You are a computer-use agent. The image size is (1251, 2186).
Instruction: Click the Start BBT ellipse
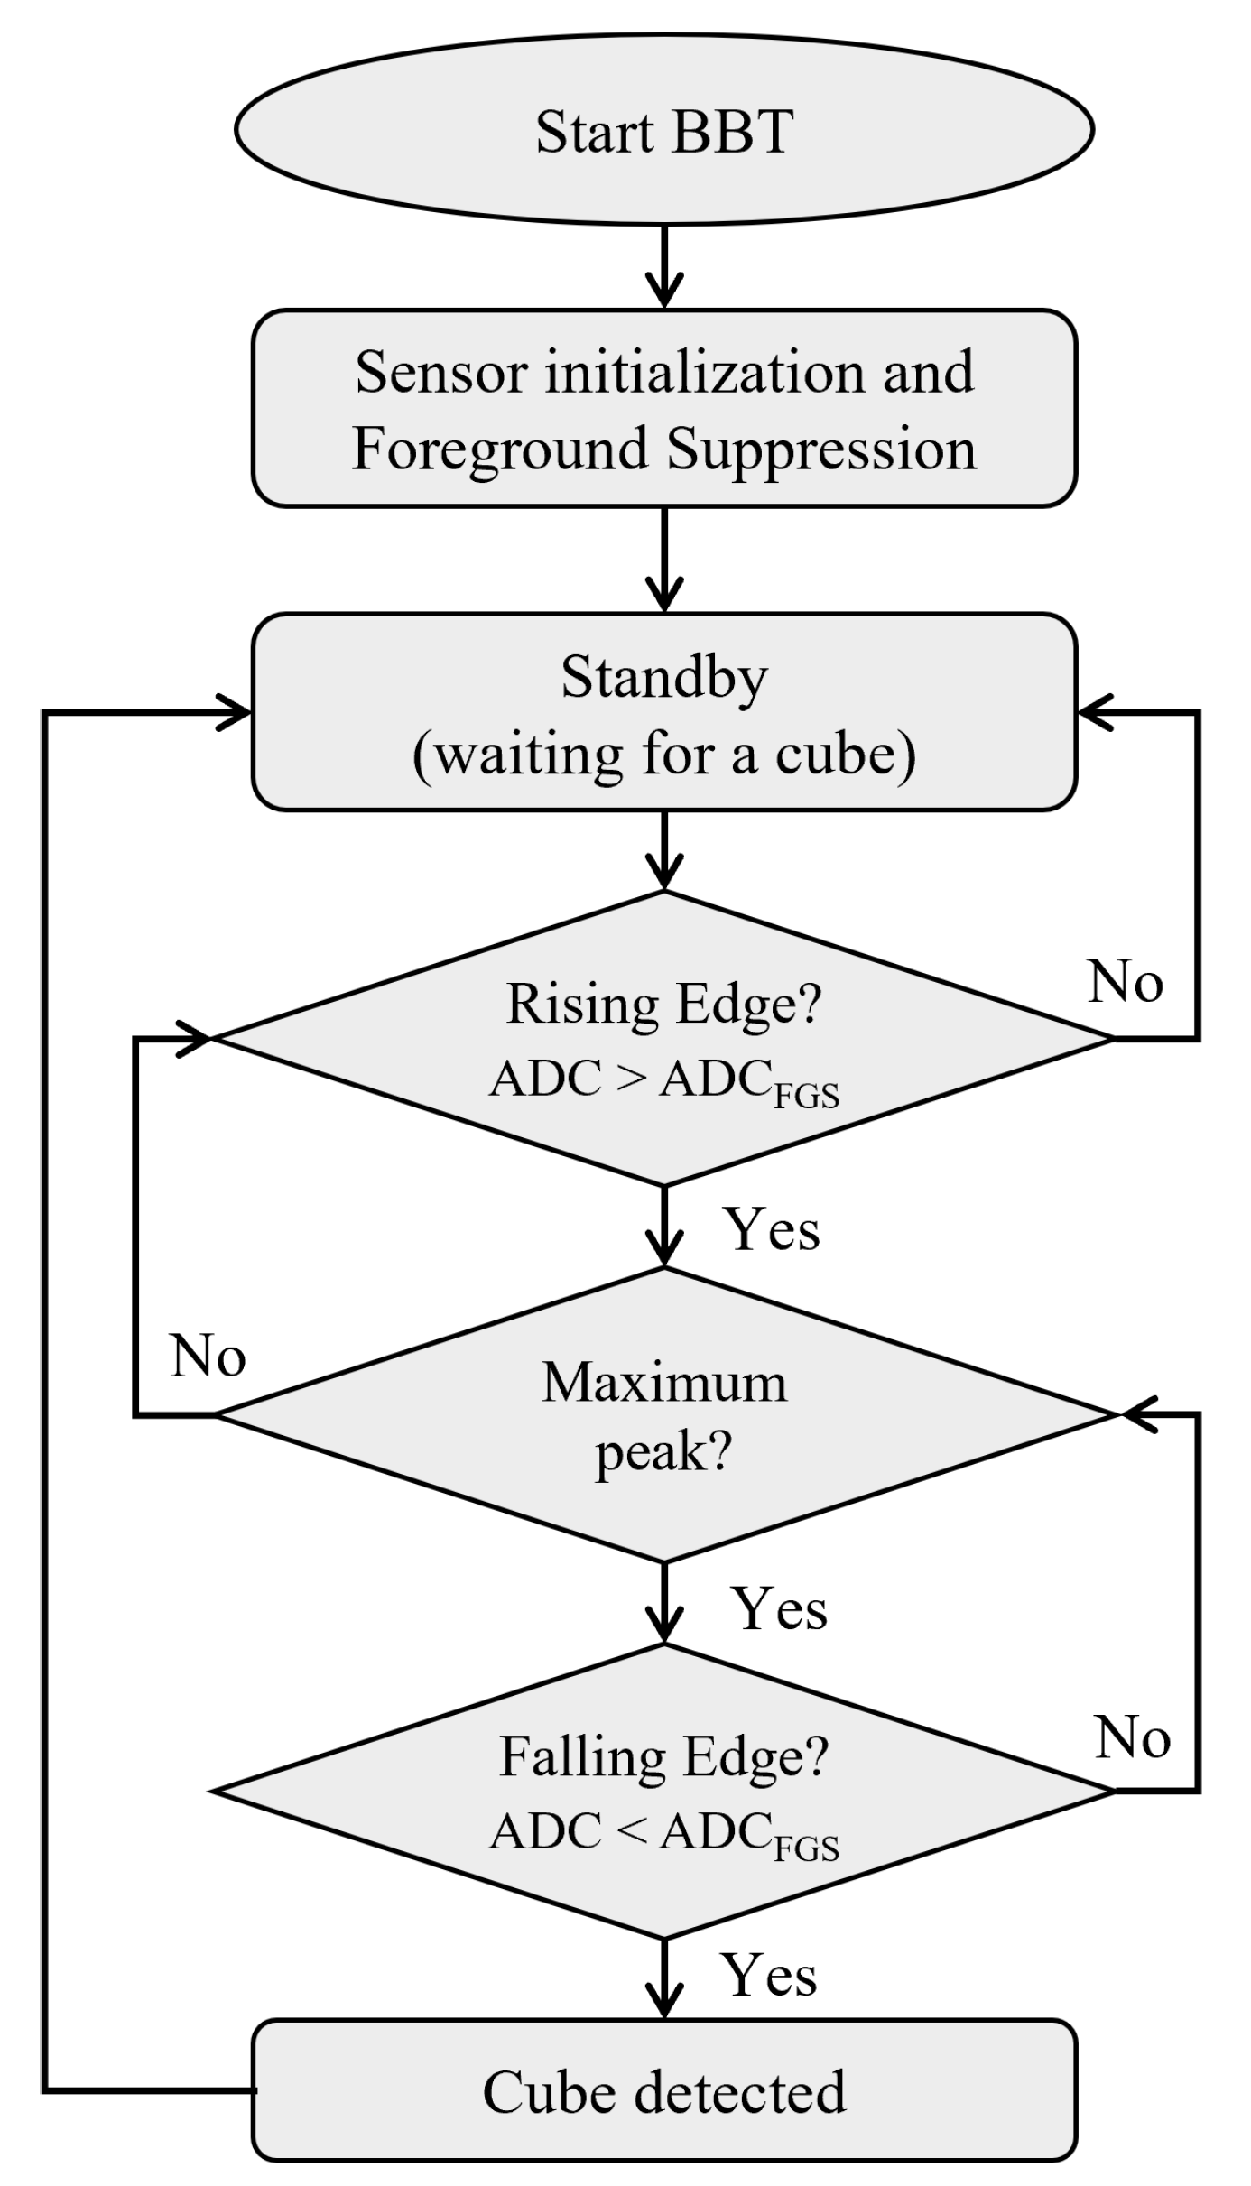tap(664, 131)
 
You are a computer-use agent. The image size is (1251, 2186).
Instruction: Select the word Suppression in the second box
tap(821, 449)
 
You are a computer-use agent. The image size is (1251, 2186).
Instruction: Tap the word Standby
tap(664, 677)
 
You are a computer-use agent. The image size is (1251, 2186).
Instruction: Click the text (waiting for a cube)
tap(664, 754)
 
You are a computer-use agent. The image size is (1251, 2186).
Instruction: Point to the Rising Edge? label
tap(664, 1004)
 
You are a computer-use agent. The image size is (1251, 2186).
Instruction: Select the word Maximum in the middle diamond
tap(664, 1382)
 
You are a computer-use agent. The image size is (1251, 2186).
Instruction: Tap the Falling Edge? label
tap(664, 1756)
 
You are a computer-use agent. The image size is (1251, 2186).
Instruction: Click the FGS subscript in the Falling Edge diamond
tap(807, 1849)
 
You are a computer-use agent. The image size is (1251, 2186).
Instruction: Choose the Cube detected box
tap(664, 2091)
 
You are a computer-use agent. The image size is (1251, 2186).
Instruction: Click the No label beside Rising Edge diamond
tap(1125, 982)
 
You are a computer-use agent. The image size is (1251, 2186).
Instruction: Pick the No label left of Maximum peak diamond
tap(208, 1356)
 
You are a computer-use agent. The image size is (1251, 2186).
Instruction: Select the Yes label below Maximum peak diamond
tap(779, 1608)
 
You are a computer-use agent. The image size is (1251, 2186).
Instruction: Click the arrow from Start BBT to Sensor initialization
tap(664, 267)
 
